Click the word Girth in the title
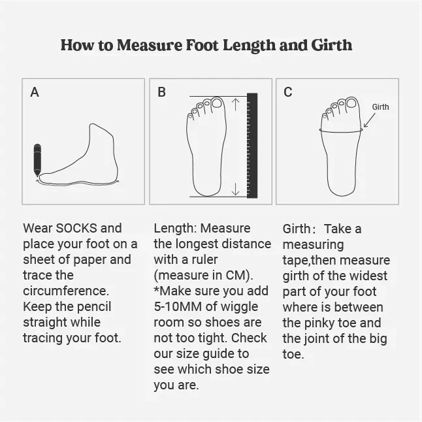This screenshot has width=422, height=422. [x=332, y=45]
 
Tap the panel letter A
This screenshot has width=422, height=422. [x=35, y=92]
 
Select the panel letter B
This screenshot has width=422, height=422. [x=161, y=92]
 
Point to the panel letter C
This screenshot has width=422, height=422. [x=287, y=92]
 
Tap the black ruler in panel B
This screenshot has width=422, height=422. [x=252, y=146]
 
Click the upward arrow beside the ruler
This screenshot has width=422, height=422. [x=235, y=105]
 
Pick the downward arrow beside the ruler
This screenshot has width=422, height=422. [x=235, y=189]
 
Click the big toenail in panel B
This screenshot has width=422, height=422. [x=217, y=103]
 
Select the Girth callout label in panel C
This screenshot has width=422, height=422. [x=380, y=107]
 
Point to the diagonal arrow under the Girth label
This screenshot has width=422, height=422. [x=369, y=120]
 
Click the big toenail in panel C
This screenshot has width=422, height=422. [x=351, y=103]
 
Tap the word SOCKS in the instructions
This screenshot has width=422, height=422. [x=76, y=228]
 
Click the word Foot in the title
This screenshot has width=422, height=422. [x=202, y=45]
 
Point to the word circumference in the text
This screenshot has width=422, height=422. [x=66, y=291]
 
